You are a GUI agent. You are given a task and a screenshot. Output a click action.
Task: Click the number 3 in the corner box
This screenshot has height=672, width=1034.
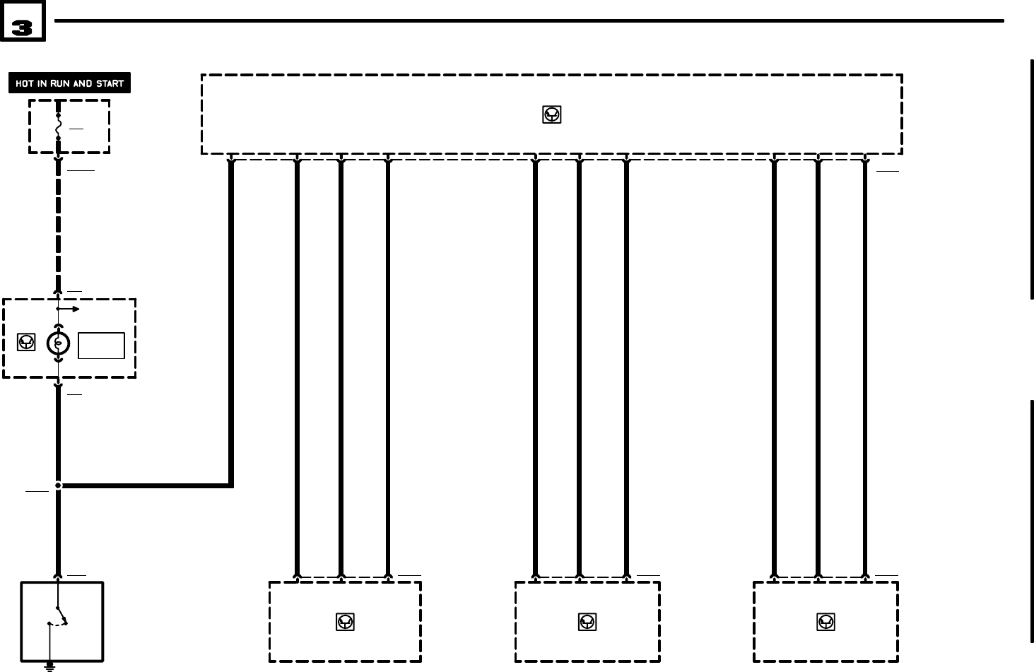[23, 28]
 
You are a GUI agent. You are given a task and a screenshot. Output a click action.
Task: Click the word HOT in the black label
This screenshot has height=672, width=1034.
[24, 83]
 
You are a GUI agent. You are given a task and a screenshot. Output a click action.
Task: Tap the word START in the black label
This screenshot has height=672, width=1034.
[110, 83]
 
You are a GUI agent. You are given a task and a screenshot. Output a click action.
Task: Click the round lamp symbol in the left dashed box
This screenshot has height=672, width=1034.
[58, 343]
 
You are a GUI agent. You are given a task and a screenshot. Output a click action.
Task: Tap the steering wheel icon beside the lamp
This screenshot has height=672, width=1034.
[26, 343]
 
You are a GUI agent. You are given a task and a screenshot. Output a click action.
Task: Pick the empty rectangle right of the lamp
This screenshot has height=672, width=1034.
[101, 346]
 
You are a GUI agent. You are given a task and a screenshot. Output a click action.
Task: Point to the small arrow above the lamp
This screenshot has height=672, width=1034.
[69, 309]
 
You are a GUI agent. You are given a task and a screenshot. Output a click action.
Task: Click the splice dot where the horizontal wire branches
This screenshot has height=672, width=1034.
[58, 485]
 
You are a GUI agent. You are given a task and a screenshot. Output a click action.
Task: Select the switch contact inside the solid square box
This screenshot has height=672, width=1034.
[61, 615]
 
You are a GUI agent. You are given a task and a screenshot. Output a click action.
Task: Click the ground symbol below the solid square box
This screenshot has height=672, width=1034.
[49, 665]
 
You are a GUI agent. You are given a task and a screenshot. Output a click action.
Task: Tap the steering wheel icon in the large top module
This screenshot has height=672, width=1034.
[551, 114]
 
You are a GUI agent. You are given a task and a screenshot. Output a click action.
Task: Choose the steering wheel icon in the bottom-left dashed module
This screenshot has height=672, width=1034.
[345, 622]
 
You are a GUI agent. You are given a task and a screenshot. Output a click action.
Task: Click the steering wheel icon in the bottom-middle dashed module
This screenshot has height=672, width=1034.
[587, 622]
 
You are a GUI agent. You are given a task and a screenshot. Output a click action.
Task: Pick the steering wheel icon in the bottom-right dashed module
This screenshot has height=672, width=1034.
[825, 622]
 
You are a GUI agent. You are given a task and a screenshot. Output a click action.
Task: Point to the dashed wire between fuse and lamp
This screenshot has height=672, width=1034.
[58, 226]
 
